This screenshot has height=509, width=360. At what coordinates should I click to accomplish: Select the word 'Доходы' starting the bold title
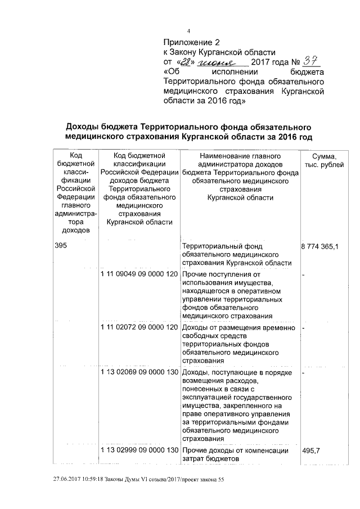pos(85,127)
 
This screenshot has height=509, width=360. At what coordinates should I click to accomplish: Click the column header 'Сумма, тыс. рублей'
pos(320,160)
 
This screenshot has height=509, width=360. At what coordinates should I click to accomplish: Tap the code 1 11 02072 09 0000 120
pos(139,327)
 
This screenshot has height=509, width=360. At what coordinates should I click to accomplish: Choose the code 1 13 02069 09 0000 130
pos(139,372)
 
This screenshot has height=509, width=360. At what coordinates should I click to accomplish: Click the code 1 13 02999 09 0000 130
pos(139,451)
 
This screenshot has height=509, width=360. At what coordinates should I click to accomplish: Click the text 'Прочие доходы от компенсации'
pos(235,451)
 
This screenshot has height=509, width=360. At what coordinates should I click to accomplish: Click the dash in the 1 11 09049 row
pos(304,274)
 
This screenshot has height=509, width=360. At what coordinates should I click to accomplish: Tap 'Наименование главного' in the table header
pos(240,155)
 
